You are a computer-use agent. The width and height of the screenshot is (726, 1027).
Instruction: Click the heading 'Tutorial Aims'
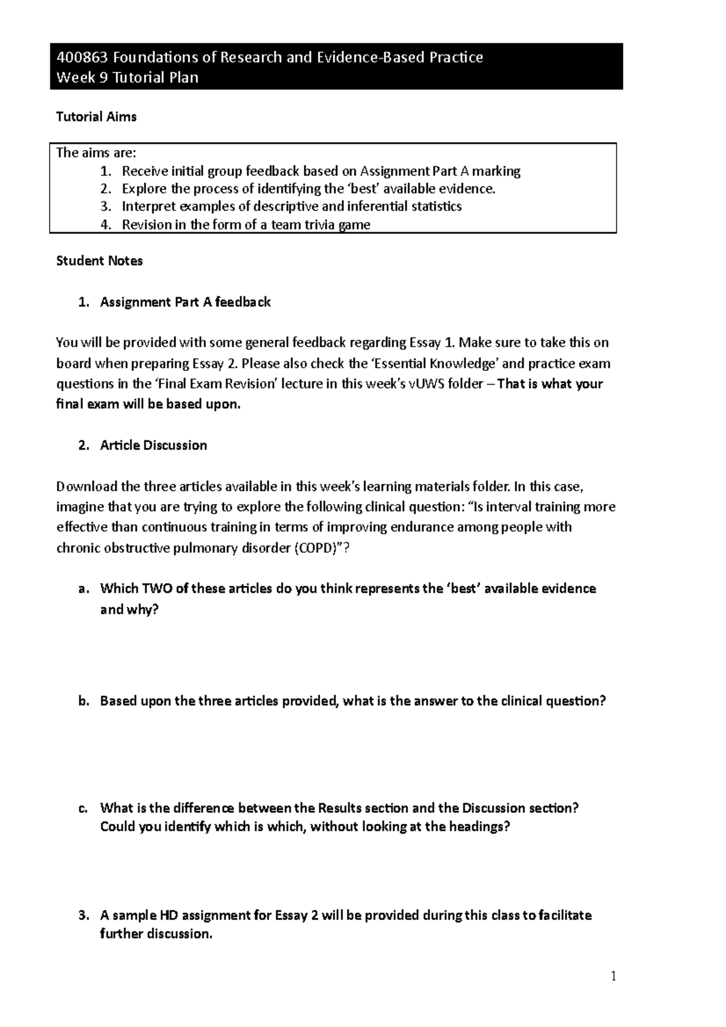pos(96,117)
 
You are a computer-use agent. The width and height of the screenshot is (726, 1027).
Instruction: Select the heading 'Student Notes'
pos(99,261)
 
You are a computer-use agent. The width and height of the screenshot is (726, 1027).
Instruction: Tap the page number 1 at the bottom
pos(613,976)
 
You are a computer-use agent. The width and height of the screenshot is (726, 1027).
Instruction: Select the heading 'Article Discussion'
pos(153,446)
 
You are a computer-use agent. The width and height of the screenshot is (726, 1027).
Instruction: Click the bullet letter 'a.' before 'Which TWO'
pos(84,589)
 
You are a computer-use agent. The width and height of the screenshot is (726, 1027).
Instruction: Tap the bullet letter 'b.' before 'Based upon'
pos(84,702)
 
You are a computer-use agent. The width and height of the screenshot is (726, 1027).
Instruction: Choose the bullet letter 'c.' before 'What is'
pos(84,809)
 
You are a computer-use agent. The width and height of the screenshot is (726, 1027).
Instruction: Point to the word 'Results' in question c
pos(340,809)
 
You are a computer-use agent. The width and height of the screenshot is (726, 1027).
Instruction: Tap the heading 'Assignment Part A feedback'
pos(185,302)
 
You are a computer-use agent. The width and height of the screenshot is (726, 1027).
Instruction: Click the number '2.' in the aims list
pos(106,189)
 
